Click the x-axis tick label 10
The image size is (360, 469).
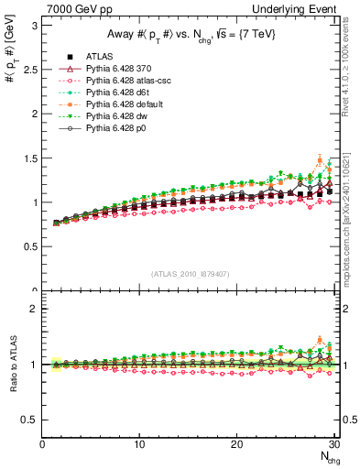[x=139, y=444]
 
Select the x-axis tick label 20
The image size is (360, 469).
[x=236, y=444]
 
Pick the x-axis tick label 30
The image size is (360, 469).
[x=333, y=444]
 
